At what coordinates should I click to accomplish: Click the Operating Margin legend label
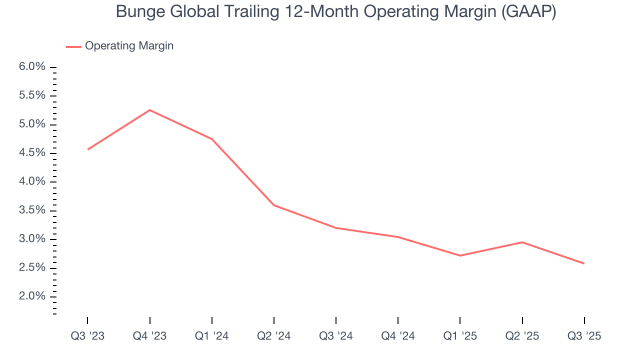(129, 46)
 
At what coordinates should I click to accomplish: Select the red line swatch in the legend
(73, 46)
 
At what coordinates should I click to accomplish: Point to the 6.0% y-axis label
(31, 67)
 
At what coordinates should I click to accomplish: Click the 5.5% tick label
(31, 95)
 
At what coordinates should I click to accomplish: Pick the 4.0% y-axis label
(31, 182)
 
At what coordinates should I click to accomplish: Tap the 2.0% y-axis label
(31, 297)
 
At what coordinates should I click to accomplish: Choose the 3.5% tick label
(31, 210)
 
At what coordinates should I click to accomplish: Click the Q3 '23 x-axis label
(87, 336)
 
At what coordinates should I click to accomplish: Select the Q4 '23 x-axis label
(149, 336)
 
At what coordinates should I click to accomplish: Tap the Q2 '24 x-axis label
(274, 336)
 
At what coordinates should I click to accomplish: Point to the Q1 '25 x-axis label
(460, 336)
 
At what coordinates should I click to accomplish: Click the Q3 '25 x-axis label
(584, 336)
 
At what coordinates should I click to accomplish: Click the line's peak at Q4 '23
(149, 110)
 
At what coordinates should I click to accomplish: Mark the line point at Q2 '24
(274, 205)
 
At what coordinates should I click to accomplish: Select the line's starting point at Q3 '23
(88, 149)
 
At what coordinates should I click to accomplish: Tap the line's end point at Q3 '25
(584, 263)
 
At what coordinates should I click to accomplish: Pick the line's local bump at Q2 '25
(522, 242)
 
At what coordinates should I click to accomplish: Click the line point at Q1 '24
(212, 139)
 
